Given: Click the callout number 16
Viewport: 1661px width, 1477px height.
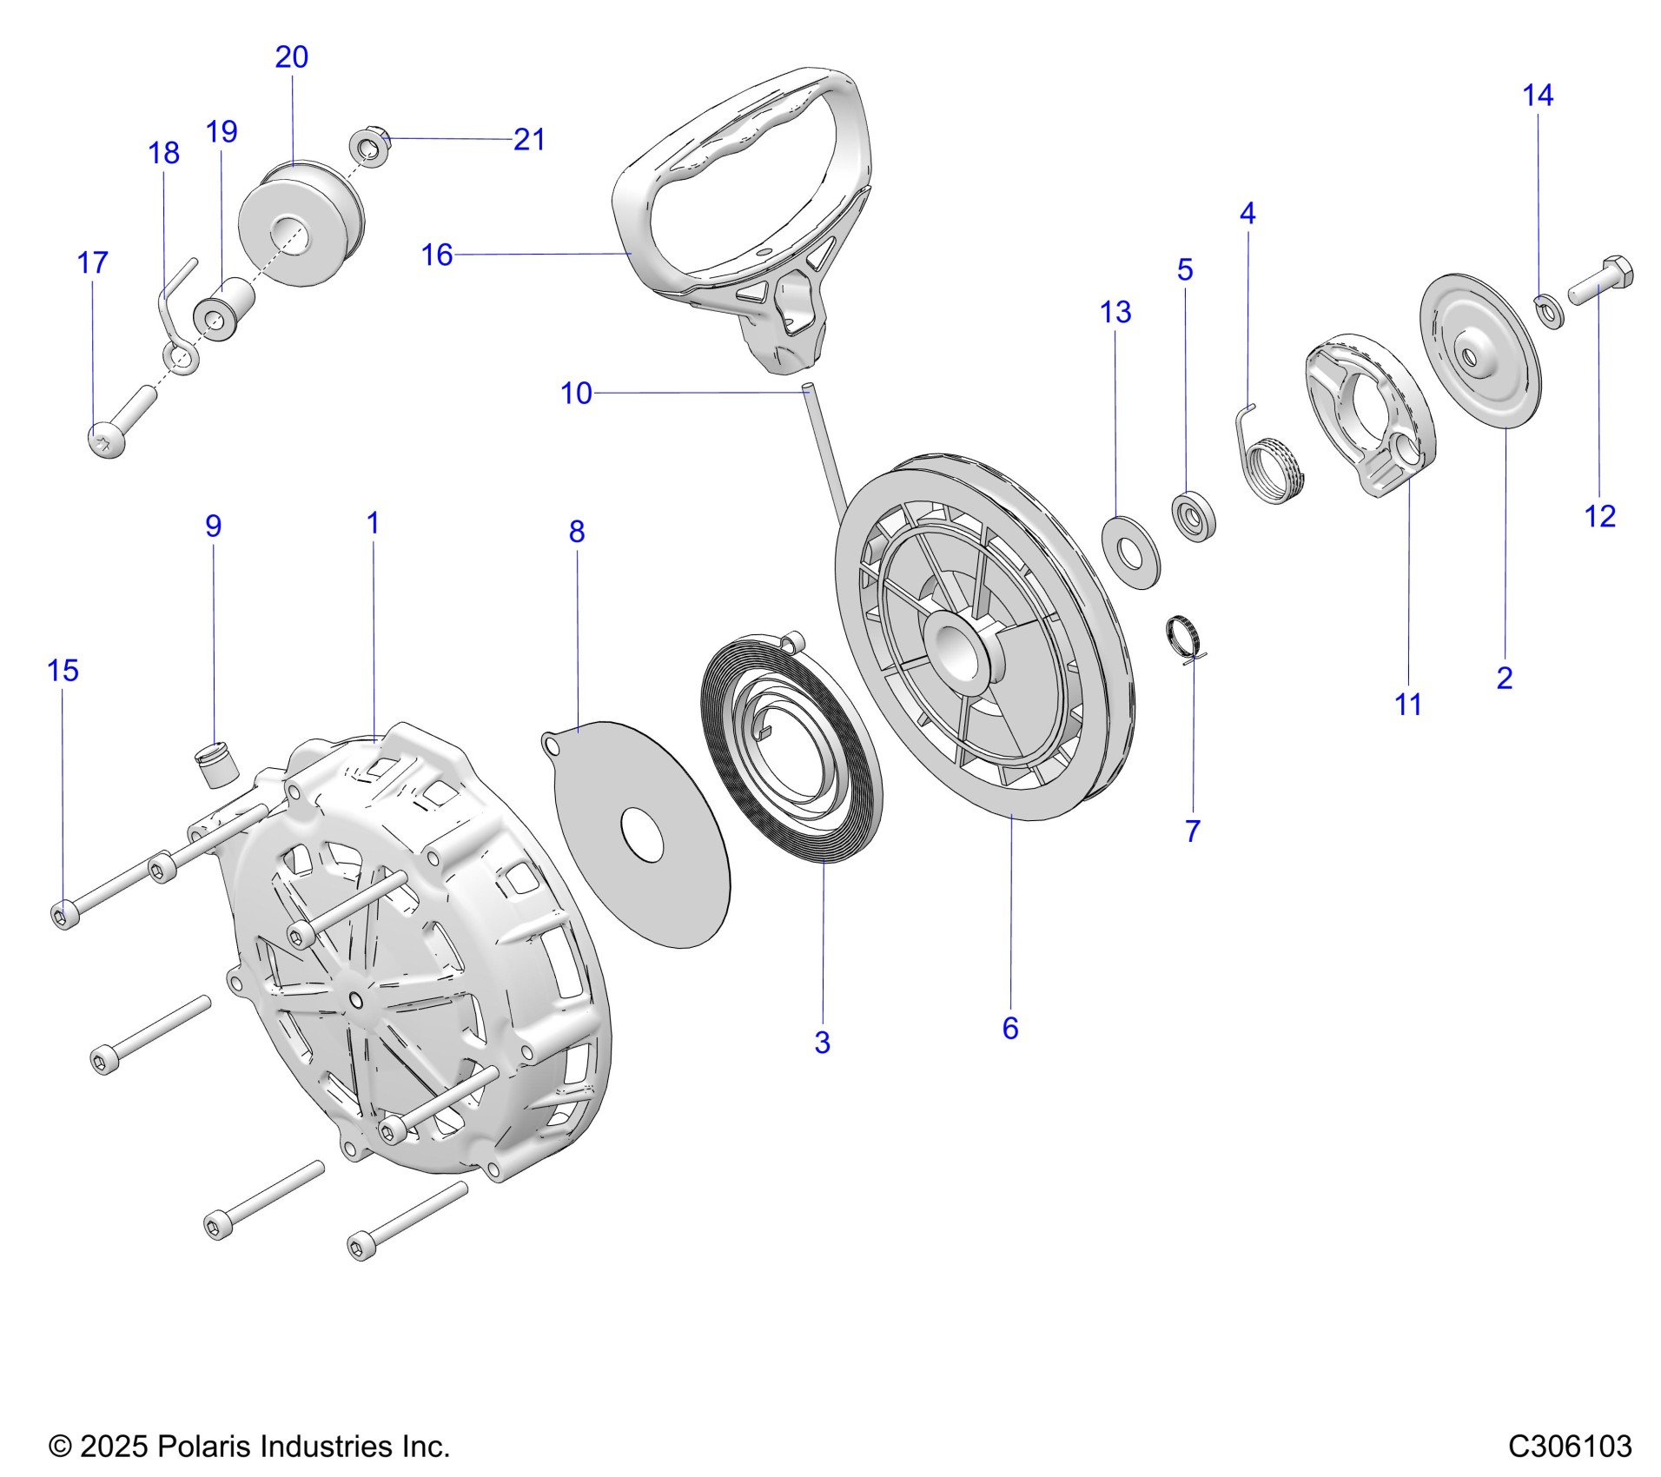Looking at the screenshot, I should click(437, 255).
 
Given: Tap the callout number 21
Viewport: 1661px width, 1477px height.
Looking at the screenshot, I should click(529, 139).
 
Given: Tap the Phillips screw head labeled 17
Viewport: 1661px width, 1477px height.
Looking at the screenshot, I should click(107, 441).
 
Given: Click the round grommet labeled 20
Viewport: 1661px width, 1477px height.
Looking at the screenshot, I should click(300, 221).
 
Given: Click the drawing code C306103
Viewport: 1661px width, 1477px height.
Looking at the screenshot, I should click(1569, 1447).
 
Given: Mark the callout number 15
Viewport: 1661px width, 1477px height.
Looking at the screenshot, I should click(63, 670).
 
